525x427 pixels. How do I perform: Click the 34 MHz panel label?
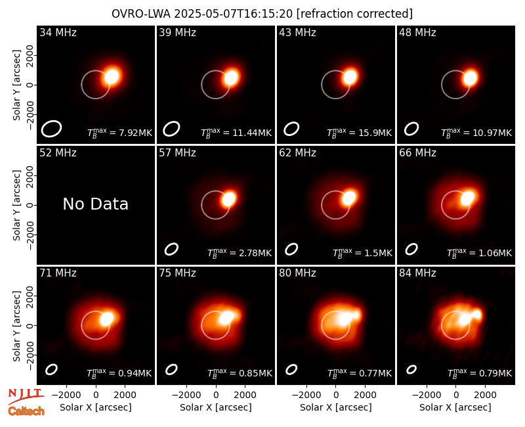(58, 32)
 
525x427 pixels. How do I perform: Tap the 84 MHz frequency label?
(417, 273)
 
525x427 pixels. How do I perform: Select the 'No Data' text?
(95, 204)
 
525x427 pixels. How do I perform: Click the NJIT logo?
(26, 396)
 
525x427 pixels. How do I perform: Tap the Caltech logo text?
(26, 411)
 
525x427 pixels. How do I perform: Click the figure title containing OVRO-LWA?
(262, 14)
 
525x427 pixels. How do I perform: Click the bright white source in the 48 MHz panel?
(470, 78)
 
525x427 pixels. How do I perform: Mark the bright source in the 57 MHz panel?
(229, 199)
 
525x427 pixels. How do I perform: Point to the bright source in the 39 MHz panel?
(231, 78)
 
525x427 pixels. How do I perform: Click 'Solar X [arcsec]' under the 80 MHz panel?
(336, 407)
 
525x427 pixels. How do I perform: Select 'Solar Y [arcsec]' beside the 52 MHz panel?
(17, 205)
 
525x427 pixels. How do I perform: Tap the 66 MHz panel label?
(417, 153)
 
